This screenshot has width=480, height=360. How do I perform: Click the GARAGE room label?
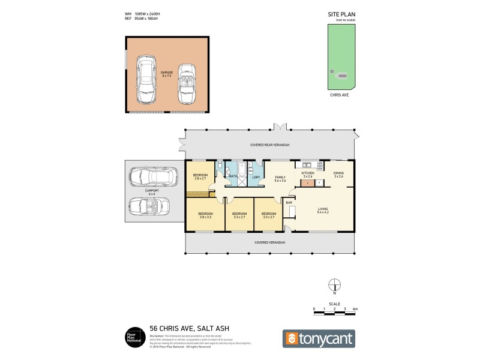tap(166, 74)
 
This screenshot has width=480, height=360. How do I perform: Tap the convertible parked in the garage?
tap(187, 85)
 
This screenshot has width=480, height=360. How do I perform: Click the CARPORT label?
tap(151, 192)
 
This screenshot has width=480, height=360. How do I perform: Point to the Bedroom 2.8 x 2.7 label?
tap(200, 176)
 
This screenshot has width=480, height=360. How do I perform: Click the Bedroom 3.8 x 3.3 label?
tap(205, 215)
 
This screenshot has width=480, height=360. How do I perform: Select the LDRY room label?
tap(256, 177)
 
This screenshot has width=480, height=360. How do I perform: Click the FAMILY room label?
tap(280, 179)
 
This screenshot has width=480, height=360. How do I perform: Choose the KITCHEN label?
tap(308, 175)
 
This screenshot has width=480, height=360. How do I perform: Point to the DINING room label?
tap(339, 175)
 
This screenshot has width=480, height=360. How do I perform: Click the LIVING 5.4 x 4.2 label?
tap(323, 211)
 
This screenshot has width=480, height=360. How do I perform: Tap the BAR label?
tap(289, 203)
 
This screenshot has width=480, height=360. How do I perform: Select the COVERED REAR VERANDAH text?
tap(269, 145)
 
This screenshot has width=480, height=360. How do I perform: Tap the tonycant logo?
tap(319, 338)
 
